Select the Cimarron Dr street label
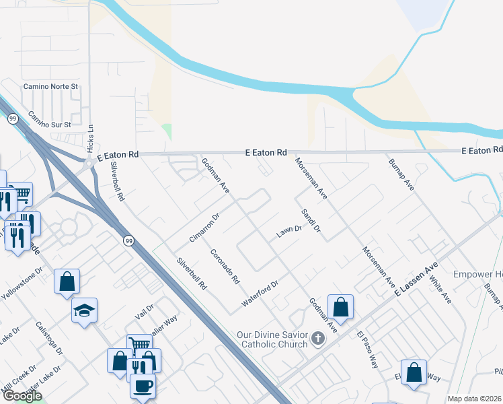[204, 228]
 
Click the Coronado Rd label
[225, 266]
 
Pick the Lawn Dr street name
[289, 232]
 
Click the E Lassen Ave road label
[416, 277]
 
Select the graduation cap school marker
[84, 310]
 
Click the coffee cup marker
[143, 386]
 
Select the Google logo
[22, 396]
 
